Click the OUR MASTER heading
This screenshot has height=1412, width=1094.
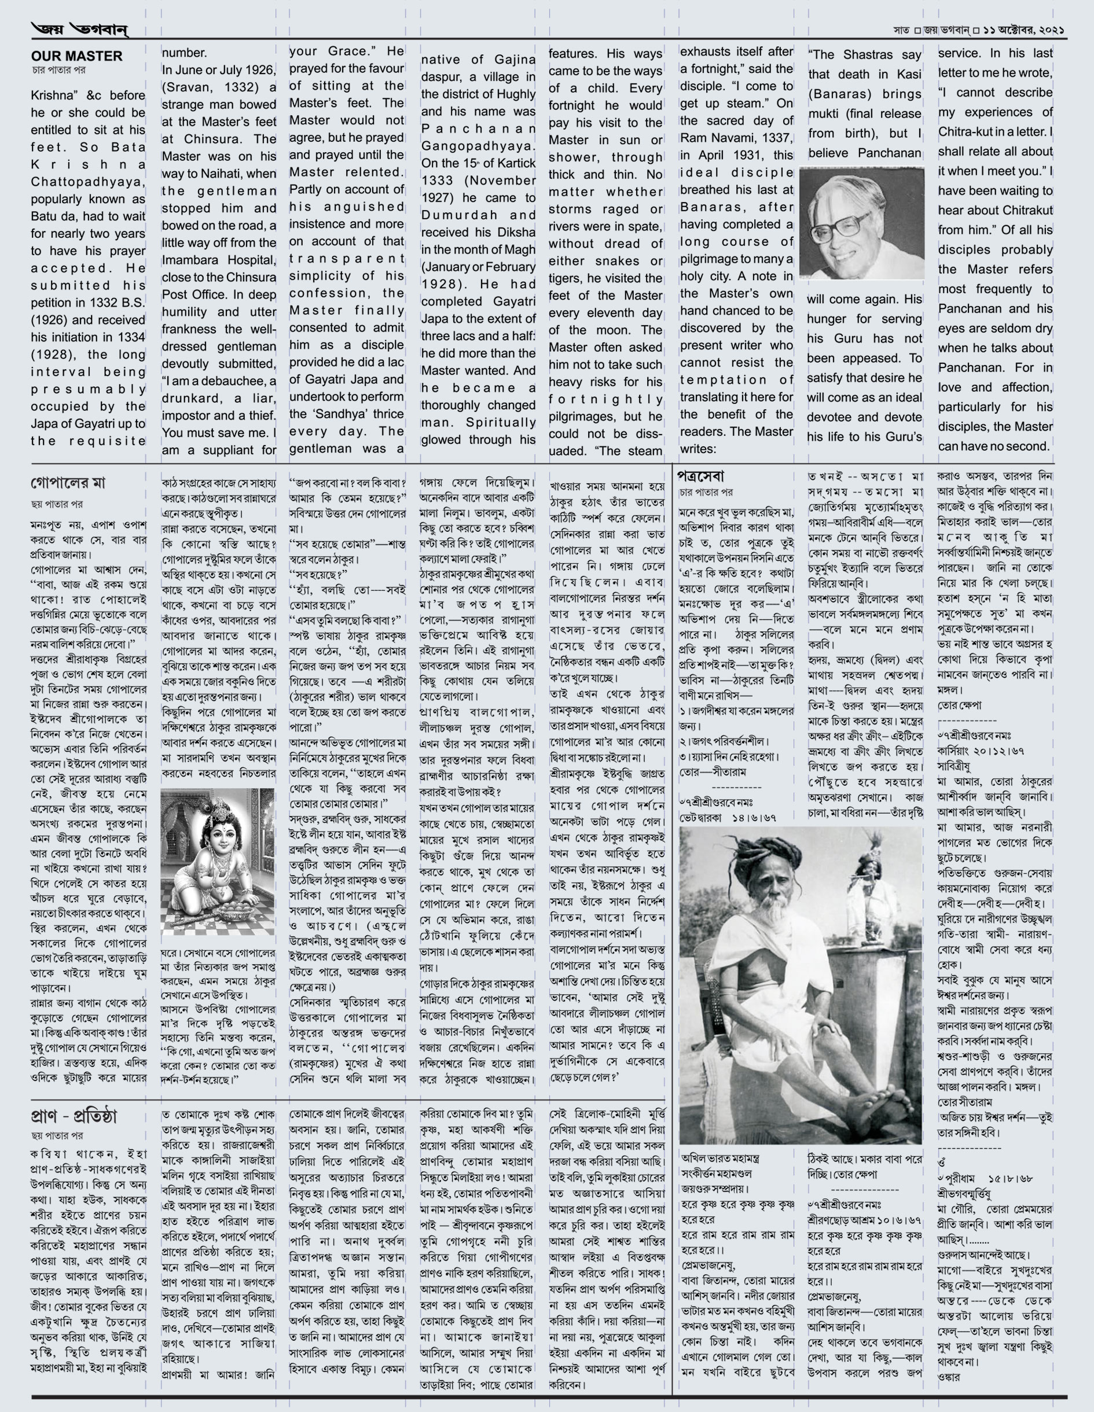76,56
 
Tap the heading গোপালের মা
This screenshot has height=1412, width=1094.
68,483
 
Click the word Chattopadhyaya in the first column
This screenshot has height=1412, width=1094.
88,182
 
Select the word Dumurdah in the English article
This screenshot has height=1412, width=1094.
453,215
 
